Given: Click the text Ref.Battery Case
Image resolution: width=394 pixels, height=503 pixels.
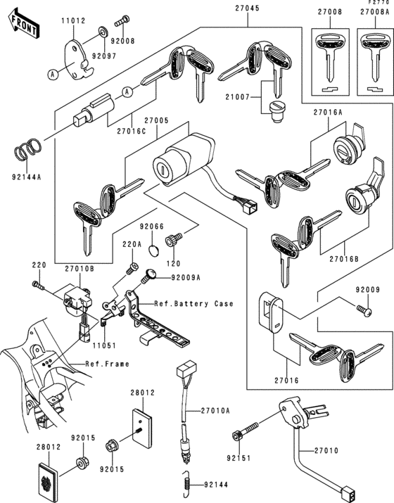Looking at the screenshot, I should click(x=195, y=304).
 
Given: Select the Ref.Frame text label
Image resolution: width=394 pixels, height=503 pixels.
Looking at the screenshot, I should click(x=105, y=364).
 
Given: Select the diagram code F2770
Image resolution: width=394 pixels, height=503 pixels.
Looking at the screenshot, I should click(x=378, y=4).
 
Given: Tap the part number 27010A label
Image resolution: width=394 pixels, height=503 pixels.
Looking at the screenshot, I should click(x=217, y=411).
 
